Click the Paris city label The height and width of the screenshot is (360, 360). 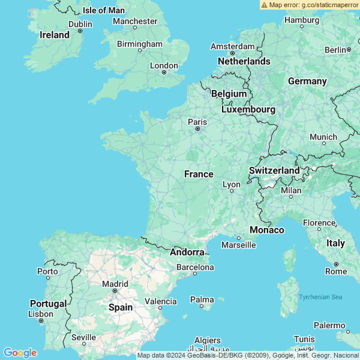197,122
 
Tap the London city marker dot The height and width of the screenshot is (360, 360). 164,73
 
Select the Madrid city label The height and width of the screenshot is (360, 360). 115,284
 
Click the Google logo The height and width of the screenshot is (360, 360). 20,353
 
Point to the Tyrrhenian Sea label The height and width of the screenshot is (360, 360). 320,297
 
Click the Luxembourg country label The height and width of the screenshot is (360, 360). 248,109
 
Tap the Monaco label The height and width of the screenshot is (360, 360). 267,230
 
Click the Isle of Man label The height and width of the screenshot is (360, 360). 103,10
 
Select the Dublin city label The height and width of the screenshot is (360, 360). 80,24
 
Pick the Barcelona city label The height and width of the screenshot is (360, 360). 195,266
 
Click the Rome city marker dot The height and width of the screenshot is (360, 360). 336,264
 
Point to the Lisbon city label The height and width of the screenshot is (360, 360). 41,314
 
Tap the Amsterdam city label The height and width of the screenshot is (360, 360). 233,46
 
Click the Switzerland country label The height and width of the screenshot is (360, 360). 274,170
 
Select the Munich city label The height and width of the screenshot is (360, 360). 323,137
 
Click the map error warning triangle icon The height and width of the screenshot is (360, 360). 264,4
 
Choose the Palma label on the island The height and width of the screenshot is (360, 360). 202,299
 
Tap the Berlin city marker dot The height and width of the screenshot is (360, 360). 348,50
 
